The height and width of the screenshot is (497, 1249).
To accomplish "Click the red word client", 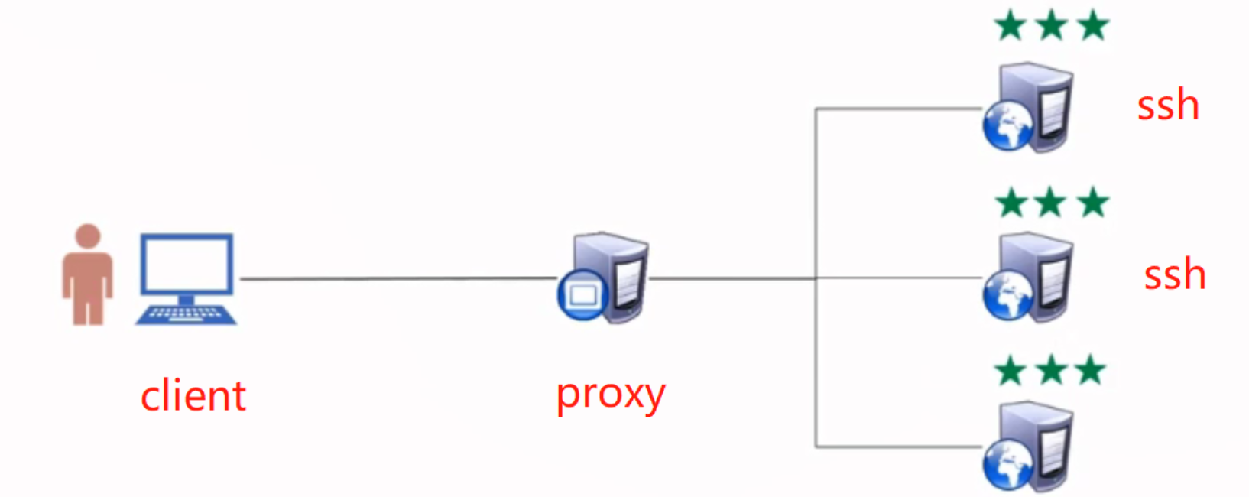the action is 193,396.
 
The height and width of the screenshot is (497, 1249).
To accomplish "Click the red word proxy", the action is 610,395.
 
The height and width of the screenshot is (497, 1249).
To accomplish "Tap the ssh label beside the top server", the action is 1167,106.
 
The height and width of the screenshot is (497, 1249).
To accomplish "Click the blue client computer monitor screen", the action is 187,264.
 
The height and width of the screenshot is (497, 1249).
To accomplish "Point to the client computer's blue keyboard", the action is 186,314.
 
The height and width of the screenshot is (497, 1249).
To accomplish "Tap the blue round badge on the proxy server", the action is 582,295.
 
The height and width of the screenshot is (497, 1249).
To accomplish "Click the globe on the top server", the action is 1007,126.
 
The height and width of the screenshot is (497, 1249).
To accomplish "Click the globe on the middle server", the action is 1007,297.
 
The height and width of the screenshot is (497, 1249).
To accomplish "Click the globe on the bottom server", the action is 1007,466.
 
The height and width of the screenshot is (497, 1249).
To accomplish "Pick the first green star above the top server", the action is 1011,26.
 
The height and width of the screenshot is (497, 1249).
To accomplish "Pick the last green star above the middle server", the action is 1093,203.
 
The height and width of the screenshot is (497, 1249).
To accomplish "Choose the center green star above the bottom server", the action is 1052,372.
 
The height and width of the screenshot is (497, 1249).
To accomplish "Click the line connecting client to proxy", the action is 397,278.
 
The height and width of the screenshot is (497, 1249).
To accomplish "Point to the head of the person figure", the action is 88,236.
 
